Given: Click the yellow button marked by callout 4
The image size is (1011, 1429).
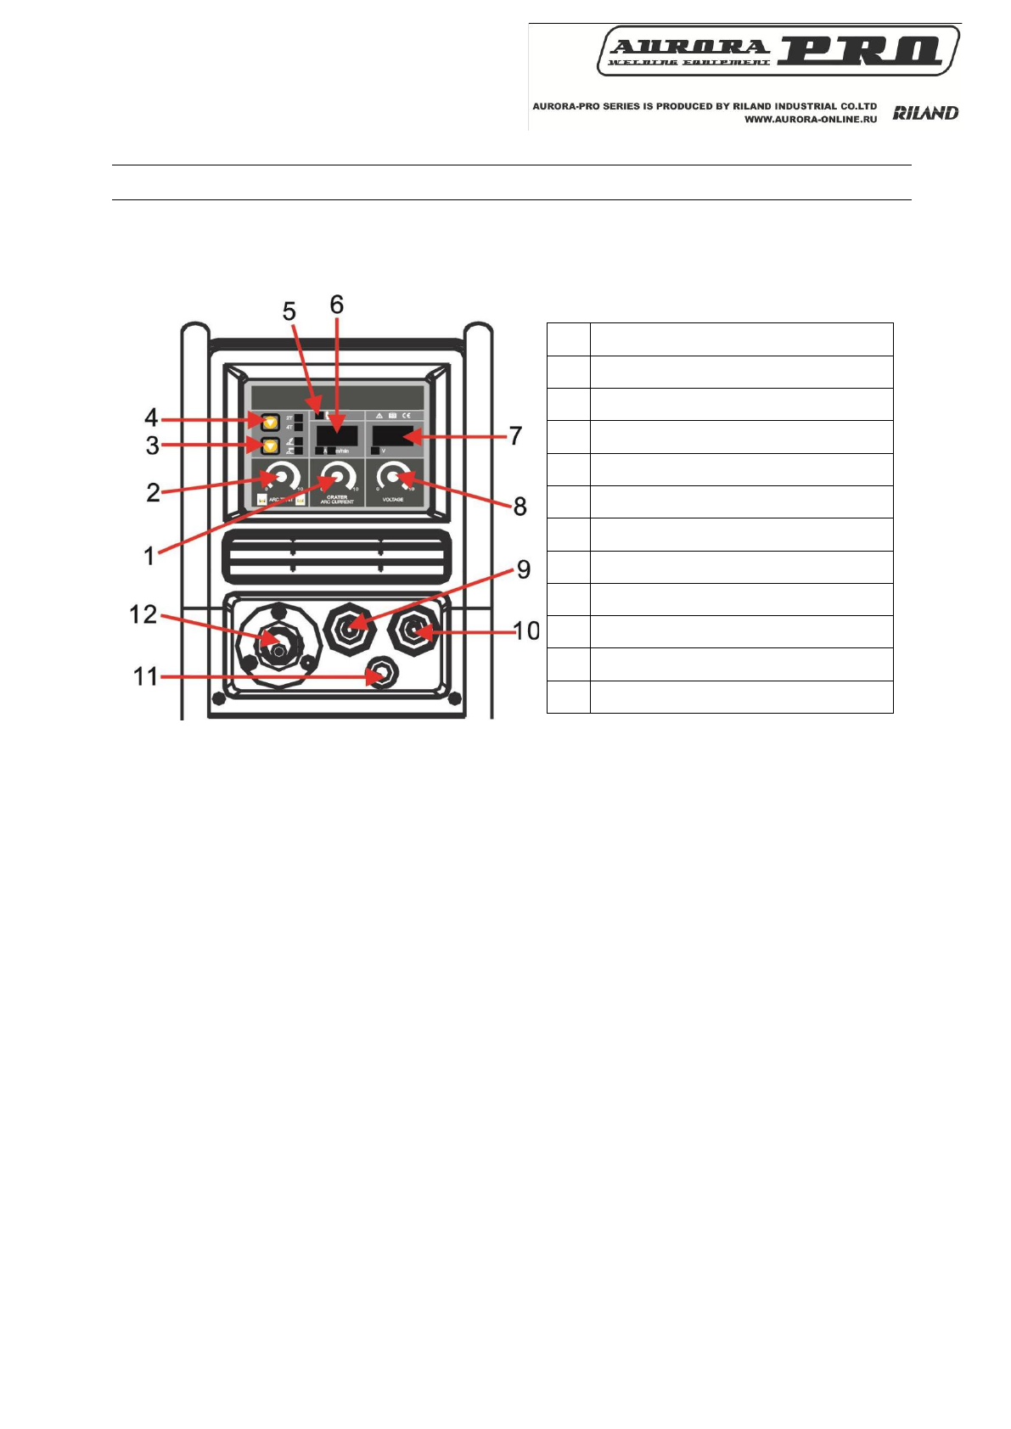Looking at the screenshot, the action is click(x=270, y=420).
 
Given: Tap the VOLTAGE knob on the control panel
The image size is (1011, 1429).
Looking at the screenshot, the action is click(x=393, y=478).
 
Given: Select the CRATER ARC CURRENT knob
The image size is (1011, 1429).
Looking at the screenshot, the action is click(x=337, y=478).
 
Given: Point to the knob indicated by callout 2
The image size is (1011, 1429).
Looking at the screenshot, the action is click(x=281, y=478).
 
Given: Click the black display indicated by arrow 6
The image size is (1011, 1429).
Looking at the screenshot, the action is click(x=336, y=436).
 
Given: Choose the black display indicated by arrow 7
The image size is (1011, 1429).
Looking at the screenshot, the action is click(x=392, y=436).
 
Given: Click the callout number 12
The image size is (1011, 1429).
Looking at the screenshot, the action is click(x=143, y=614).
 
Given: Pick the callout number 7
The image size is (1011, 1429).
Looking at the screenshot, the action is click(x=515, y=435).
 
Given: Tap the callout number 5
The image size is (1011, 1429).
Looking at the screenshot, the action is click(x=289, y=311).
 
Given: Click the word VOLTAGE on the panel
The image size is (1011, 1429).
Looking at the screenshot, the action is click(x=392, y=500).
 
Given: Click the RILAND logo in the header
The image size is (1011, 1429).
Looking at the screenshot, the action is click(x=925, y=113).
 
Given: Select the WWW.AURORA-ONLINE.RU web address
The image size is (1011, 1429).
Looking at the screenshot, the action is click(x=811, y=120).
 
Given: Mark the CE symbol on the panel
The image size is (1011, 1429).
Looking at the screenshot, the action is click(x=406, y=416).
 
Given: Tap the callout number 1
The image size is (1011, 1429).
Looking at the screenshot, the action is click(x=149, y=556).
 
